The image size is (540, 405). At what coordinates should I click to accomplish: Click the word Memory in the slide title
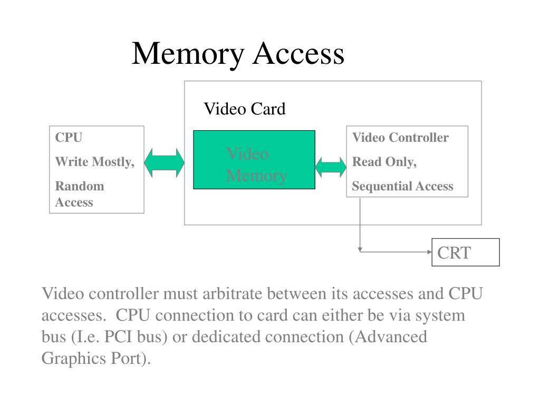(188, 54)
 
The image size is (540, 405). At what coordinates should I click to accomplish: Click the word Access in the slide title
(298, 54)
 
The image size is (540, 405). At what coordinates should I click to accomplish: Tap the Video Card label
(245, 109)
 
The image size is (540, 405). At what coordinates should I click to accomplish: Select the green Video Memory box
(254, 160)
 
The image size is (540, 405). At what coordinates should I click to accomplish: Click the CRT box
(466, 252)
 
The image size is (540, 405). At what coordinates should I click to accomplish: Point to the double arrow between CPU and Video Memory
(165, 163)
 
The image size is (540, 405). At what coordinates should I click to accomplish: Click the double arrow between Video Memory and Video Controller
(331, 167)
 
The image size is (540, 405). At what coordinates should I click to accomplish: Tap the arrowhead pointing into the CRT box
(429, 252)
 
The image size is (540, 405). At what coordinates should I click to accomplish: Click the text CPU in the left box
(69, 138)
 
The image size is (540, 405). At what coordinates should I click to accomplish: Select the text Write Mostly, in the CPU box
(95, 162)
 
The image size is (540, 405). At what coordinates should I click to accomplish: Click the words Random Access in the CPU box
(80, 194)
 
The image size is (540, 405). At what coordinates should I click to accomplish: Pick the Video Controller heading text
(400, 138)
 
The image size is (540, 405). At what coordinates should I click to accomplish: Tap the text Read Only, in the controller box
(384, 162)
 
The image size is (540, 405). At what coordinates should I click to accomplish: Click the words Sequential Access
(402, 186)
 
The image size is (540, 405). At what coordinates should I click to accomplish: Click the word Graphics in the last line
(74, 359)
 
